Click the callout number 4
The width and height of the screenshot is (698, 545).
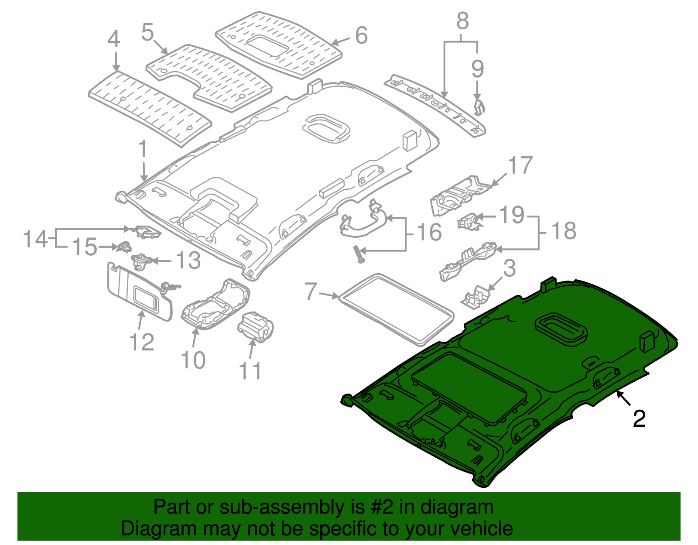114,39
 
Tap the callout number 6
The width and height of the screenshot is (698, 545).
361,35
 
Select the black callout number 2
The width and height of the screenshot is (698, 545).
639,420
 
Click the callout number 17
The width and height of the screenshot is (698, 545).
520,166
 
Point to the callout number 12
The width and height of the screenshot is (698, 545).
142,343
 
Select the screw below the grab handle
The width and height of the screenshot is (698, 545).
359,254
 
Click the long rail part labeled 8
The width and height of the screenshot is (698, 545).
436,104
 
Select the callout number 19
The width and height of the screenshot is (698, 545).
511,215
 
